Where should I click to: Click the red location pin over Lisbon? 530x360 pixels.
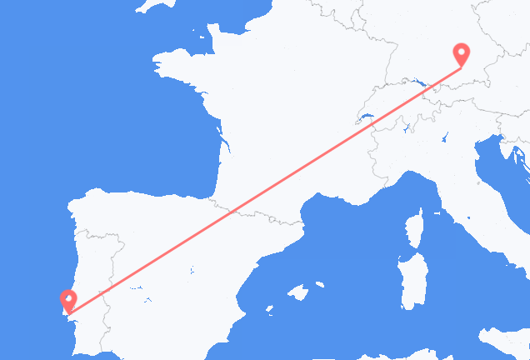click(67, 297)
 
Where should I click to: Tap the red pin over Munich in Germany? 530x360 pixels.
click(460, 52)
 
